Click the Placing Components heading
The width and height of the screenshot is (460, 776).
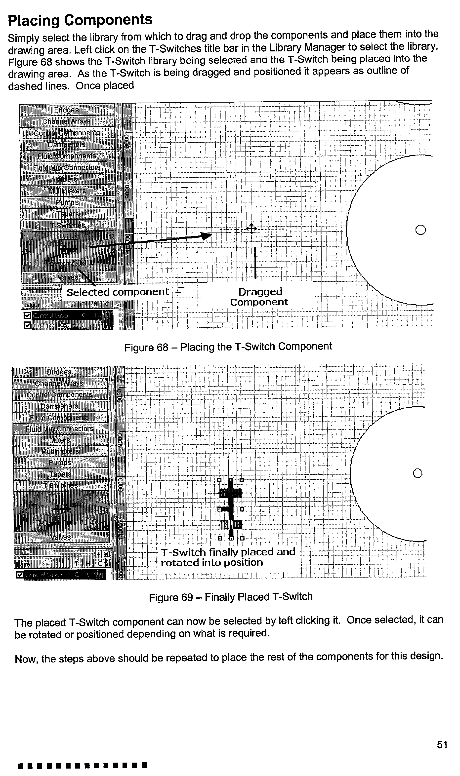[x=80, y=20]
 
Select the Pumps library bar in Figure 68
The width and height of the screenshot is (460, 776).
[x=67, y=202]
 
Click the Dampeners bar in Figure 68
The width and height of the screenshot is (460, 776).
[x=67, y=144]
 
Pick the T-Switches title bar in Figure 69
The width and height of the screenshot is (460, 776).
[x=60, y=485]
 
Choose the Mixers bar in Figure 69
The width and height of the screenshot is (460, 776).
[x=60, y=440]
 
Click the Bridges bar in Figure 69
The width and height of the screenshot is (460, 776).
[x=59, y=372]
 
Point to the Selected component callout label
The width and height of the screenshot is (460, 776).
[x=118, y=292]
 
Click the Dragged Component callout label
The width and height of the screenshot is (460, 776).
[x=260, y=297]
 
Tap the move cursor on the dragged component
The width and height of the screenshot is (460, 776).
[x=251, y=229]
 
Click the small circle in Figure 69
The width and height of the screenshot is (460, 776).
[x=418, y=473]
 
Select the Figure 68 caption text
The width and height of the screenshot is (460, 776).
[x=228, y=347]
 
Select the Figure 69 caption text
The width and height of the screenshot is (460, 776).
[x=231, y=597]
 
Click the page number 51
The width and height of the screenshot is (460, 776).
[x=442, y=744]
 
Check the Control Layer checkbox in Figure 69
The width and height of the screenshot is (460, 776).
[x=20, y=575]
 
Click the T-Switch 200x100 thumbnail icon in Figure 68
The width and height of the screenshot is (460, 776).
[x=69, y=248]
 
